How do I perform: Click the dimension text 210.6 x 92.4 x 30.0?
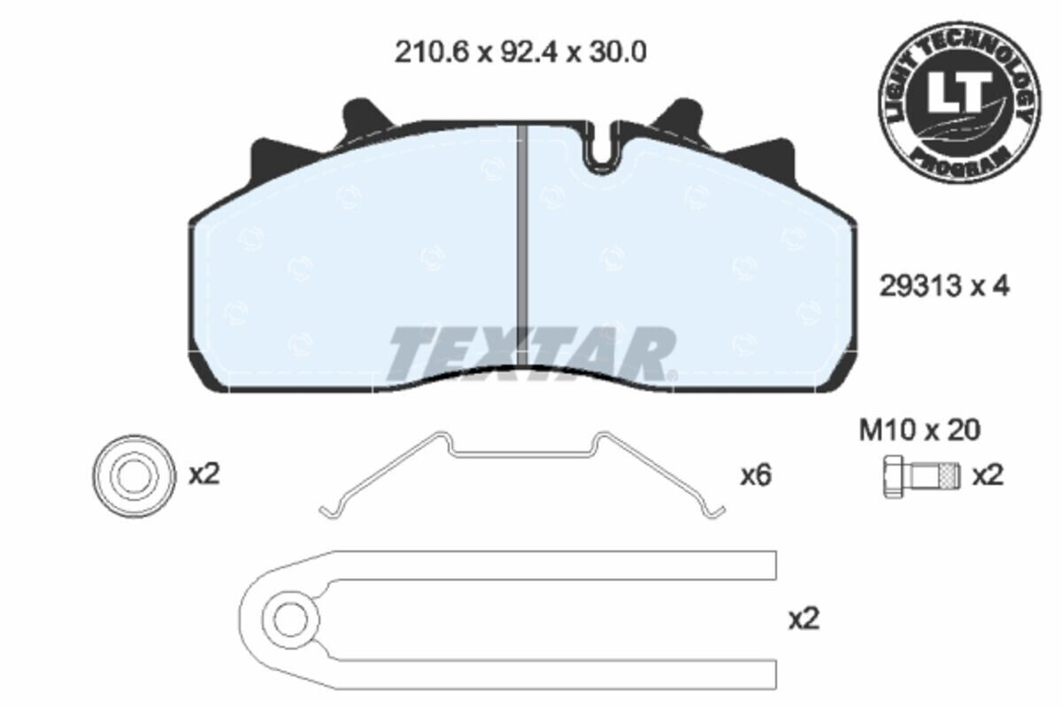(x=519, y=52)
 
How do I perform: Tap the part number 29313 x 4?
(x=943, y=286)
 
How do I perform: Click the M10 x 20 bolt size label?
(x=920, y=430)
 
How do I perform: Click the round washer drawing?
(x=130, y=475)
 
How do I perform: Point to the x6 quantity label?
(x=756, y=476)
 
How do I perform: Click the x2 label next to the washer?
(x=204, y=474)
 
